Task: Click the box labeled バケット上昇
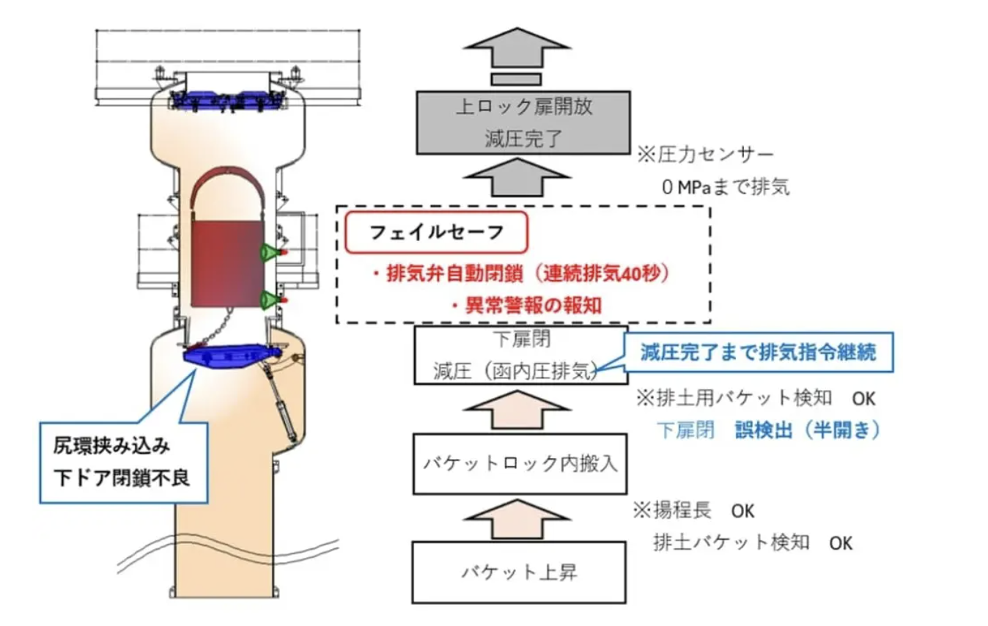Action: tap(519, 572)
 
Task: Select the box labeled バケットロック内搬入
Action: tap(520, 463)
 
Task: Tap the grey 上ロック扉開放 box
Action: tap(523, 122)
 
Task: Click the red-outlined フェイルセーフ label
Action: tap(436, 233)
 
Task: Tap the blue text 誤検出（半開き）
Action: tap(807, 430)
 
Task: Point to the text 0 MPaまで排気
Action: tap(726, 187)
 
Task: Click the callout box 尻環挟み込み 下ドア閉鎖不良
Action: tap(123, 461)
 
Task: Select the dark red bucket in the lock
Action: tap(226, 261)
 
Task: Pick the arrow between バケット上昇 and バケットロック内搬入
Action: tap(519, 520)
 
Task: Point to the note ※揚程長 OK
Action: tap(694, 510)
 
